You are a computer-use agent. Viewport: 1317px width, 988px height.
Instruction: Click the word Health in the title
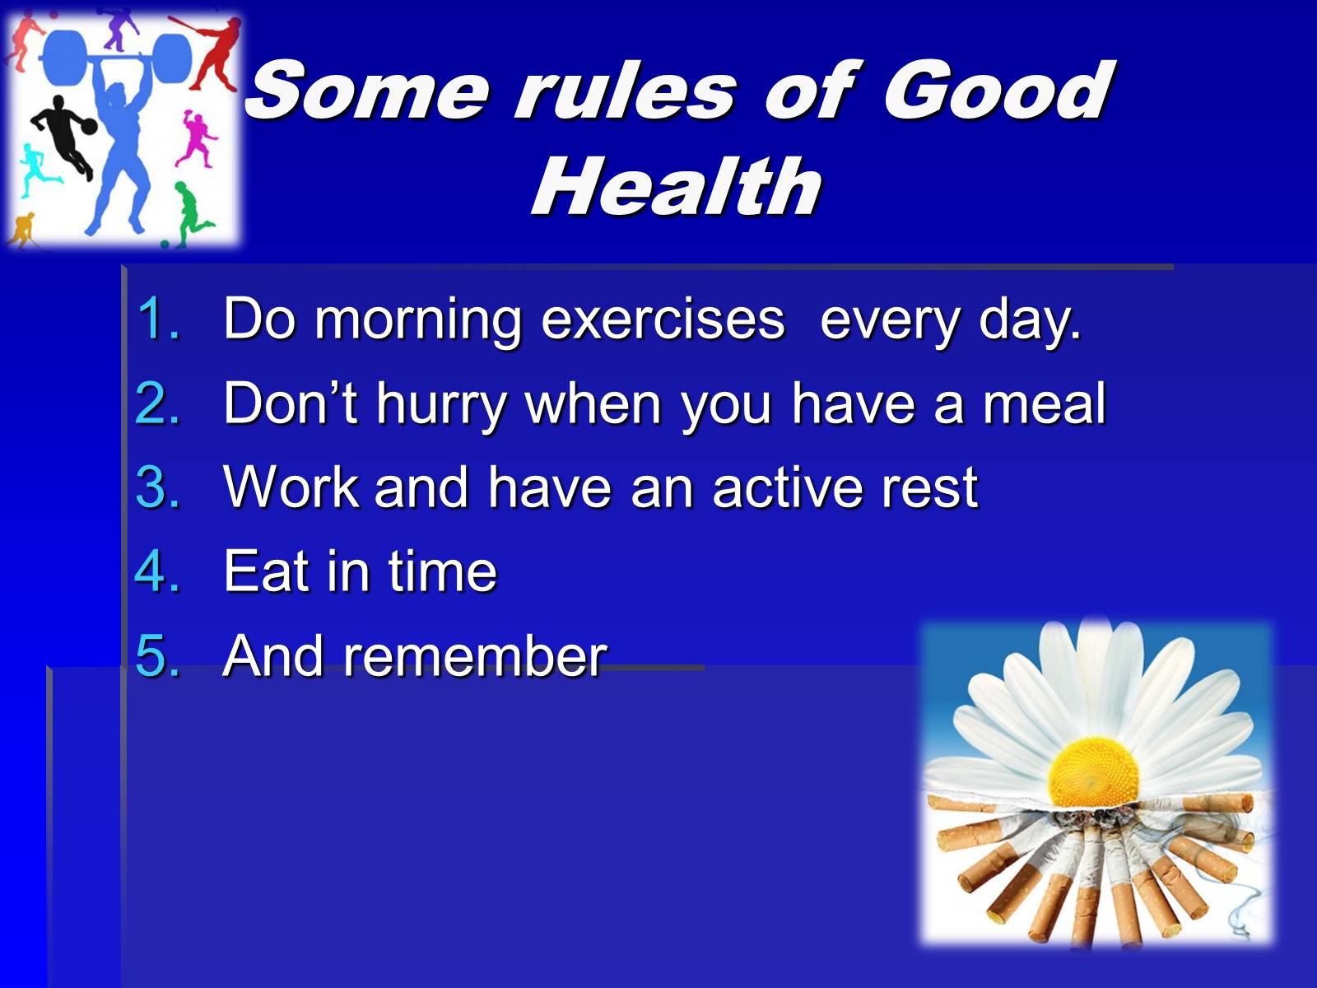tap(677, 185)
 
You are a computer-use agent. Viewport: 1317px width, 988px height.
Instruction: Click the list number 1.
tap(158, 319)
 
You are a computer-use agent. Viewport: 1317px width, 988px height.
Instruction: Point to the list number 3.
tap(158, 487)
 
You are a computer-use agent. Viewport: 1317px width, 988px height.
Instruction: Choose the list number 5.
tap(158, 655)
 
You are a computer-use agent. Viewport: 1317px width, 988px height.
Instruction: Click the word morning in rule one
tap(418, 322)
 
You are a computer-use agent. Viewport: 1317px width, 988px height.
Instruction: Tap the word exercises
tap(663, 319)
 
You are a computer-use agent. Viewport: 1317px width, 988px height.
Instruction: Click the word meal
tap(1044, 403)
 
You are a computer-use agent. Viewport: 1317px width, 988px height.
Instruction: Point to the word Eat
tap(266, 571)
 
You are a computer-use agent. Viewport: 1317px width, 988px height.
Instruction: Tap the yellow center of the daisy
tap(1093, 771)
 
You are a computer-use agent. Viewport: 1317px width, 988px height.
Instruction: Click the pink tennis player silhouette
tap(197, 138)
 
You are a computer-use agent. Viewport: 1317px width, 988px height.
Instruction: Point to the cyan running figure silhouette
tap(37, 170)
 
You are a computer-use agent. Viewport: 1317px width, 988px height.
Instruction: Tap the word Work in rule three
tap(291, 487)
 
